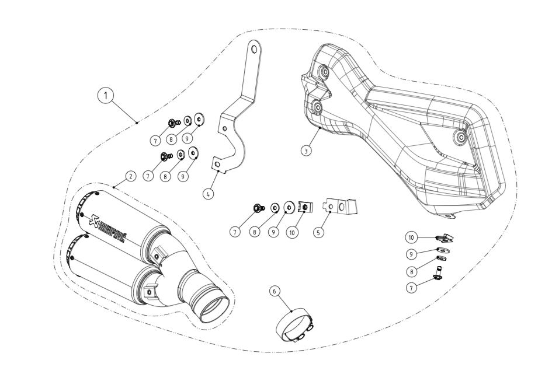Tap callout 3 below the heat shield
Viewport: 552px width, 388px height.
point(306,150)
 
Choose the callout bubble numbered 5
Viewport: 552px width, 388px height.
point(318,232)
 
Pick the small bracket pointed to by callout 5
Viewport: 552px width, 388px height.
point(342,207)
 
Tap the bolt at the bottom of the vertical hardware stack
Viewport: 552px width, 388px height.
point(436,272)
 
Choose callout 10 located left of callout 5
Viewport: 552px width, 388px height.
point(293,232)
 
